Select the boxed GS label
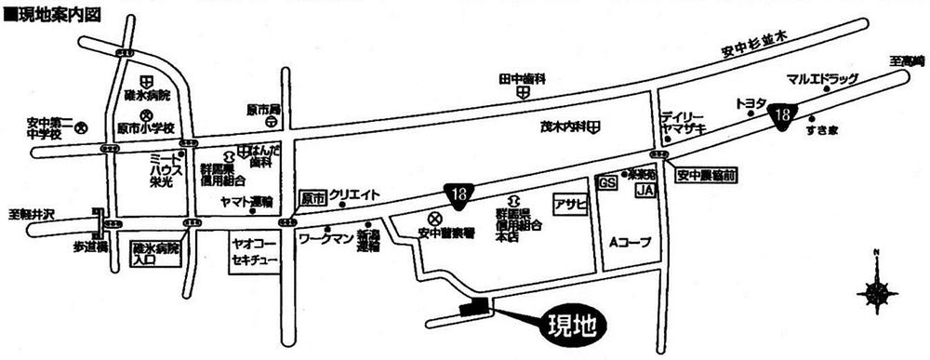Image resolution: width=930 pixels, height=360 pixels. click(x=608, y=184)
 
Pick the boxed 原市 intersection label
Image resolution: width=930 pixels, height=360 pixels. click(x=313, y=198)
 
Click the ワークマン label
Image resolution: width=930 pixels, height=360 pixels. click(x=325, y=239)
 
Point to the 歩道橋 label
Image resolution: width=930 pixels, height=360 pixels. click(x=91, y=247)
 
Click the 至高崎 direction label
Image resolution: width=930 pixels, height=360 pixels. click(x=907, y=61)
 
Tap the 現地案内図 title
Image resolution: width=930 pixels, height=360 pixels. click(x=52, y=14)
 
